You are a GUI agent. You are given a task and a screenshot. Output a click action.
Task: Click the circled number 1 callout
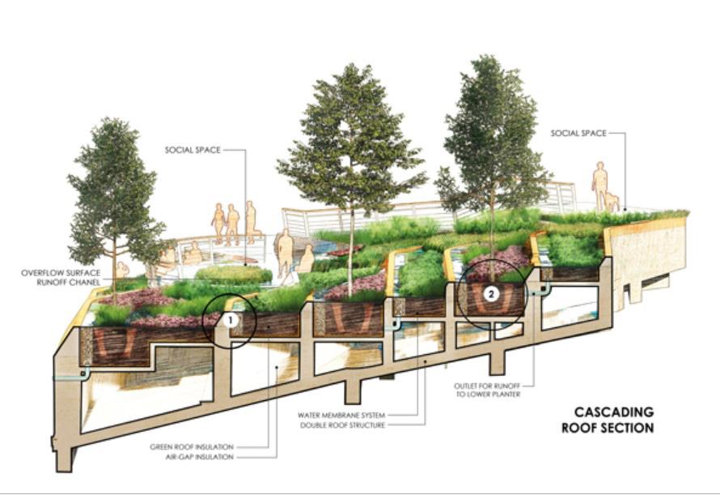pyautogui.click(x=230, y=320)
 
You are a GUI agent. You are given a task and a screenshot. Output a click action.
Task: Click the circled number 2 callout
pyautogui.click(x=491, y=294)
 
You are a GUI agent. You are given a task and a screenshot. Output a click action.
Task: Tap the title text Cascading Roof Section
pyautogui.click(x=608, y=420)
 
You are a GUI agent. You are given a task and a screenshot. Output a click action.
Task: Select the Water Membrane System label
pyautogui.click(x=356, y=415)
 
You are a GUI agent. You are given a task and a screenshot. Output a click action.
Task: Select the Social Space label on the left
pyautogui.click(x=193, y=150)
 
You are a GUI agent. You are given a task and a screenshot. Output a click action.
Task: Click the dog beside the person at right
pyautogui.click(x=612, y=200)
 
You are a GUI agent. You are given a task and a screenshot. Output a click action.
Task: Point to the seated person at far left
pyautogui.click(x=122, y=270)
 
